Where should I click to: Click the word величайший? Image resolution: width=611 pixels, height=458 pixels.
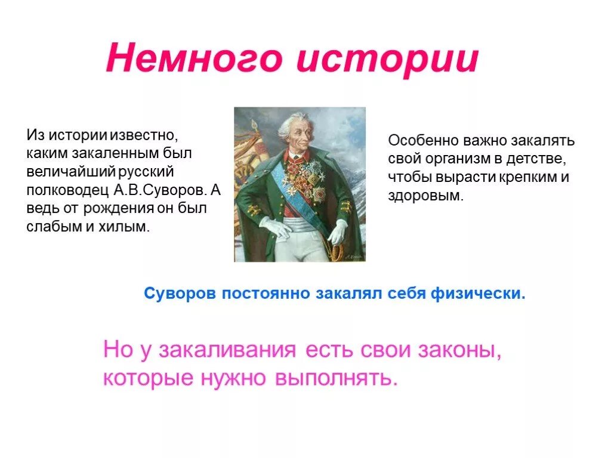69,172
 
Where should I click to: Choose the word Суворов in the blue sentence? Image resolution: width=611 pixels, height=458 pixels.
180,294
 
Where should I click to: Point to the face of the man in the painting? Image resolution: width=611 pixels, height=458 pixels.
295,135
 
